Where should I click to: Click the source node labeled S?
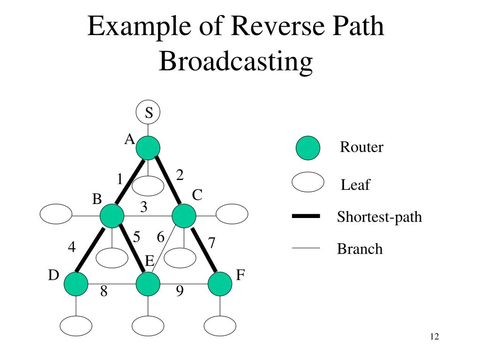pyautogui.click(x=148, y=112)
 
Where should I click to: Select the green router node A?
pyautogui.click(x=148, y=148)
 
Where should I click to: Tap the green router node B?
pyautogui.click(x=112, y=216)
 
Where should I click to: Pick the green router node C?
pyautogui.click(x=184, y=216)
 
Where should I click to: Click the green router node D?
pyautogui.click(x=76, y=285)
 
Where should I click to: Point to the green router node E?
pyautogui.click(x=148, y=285)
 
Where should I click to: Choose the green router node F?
pyautogui.click(x=220, y=285)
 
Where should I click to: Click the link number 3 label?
pyautogui.click(x=144, y=206)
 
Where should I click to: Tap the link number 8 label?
pyautogui.click(x=104, y=292)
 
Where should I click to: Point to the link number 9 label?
pyautogui.click(x=180, y=292)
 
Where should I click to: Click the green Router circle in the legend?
pyautogui.click(x=308, y=148)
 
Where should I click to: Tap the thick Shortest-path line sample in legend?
pyautogui.click(x=306, y=216)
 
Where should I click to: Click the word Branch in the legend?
pyautogui.click(x=360, y=248)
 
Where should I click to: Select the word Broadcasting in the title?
pyautogui.click(x=235, y=61)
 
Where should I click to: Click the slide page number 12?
pyautogui.click(x=434, y=337)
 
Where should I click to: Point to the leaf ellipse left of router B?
pyautogui.click(x=56, y=215)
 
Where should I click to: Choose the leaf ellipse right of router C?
pyautogui.click(x=232, y=215)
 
